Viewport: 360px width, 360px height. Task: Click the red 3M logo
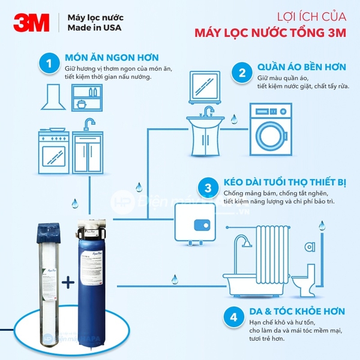pyautogui.click(x=32, y=23)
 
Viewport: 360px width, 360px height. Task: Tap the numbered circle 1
pyautogui.click(x=48, y=63)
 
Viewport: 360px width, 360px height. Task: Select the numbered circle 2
pyautogui.click(x=242, y=73)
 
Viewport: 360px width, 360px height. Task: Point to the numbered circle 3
pyautogui.click(x=208, y=188)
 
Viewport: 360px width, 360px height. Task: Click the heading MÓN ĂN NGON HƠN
pyautogui.click(x=112, y=58)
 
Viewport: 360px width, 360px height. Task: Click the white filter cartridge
pyautogui.click(x=45, y=270)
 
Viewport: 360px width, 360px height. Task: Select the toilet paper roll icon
pyautogui.click(x=310, y=245)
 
